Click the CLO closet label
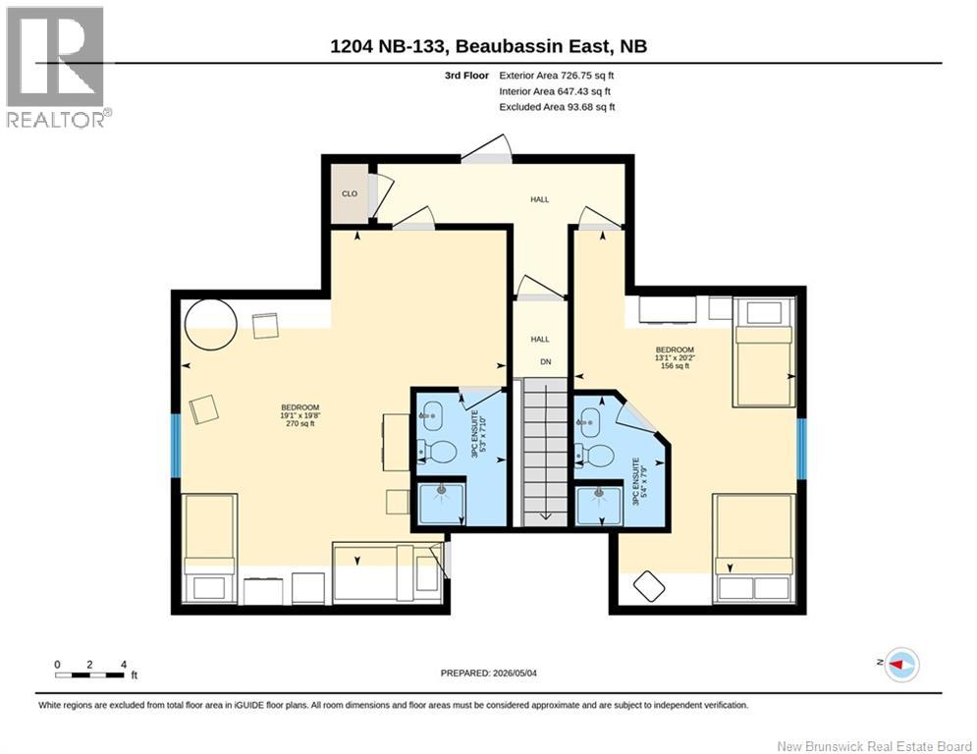350,193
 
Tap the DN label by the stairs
546,361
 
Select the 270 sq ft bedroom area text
300,424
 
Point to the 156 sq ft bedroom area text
675,366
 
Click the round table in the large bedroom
211,324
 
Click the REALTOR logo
57,68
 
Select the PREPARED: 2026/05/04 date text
489,673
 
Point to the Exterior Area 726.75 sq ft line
557,76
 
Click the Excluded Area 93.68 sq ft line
557,107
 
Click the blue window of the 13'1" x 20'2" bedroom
802,449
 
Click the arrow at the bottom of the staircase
545,514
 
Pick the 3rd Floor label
466,76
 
